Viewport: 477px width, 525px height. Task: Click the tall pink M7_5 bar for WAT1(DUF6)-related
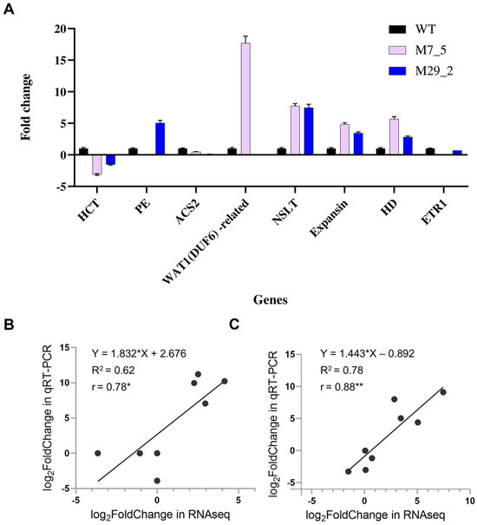(x=245, y=99)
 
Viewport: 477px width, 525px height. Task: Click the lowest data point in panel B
(x=157, y=480)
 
